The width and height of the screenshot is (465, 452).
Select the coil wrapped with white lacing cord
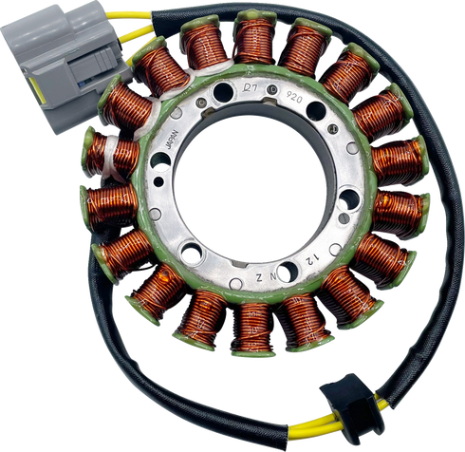[x=113, y=152]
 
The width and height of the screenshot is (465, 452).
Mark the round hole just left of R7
[x=221, y=92]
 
